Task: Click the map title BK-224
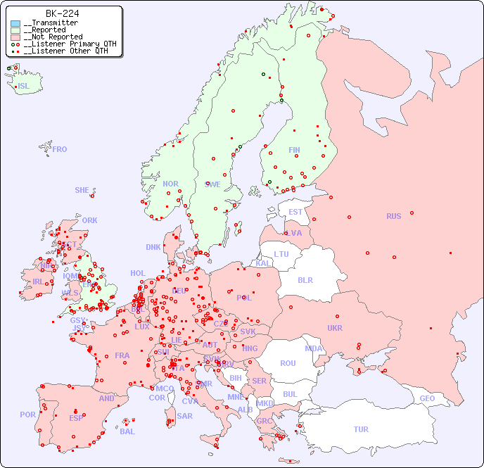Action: tap(62, 13)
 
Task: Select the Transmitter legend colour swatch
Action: tap(15, 23)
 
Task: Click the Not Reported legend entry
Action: tap(53, 37)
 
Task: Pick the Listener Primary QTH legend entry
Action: tap(64, 44)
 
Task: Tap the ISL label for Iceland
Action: tap(23, 87)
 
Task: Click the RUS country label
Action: tap(393, 216)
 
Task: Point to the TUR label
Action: tap(361, 429)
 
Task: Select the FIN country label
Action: tap(294, 150)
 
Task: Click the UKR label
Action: tap(335, 328)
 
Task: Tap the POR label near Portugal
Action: tap(27, 415)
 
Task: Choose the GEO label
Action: tap(427, 398)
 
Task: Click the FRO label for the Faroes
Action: tap(60, 149)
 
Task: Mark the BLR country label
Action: tap(305, 279)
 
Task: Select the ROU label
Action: tap(288, 363)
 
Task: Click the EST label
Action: tap(295, 212)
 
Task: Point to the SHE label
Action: tap(82, 190)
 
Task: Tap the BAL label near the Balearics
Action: tap(127, 431)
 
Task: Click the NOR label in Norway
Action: tap(170, 184)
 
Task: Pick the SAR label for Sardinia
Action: tap(185, 416)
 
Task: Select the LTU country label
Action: tap(281, 254)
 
